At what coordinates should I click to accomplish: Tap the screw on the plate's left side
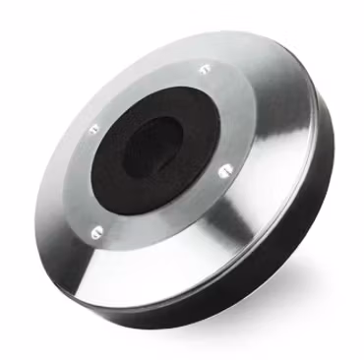94,128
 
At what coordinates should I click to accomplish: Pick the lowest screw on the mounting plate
95,232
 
